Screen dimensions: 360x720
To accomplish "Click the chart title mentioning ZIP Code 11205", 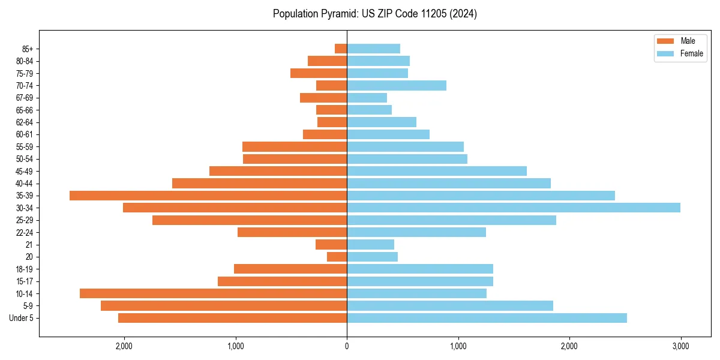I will click(374, 14).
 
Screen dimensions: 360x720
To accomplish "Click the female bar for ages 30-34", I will click(514, 208).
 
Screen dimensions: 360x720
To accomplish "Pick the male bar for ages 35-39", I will click(208, 196).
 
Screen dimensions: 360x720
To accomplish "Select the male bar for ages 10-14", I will click(213, 293).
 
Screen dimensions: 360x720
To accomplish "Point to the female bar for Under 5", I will click(487, 318).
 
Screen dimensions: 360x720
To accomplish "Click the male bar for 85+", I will click(341, 49).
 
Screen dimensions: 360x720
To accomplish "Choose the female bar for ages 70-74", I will click(397, 85).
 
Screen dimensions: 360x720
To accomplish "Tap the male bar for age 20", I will click(337, 257).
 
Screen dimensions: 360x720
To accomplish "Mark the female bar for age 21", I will click(370, 244).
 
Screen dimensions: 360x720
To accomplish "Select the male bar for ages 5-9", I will click(224, 305).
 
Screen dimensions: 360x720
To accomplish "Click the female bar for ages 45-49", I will click(437, 171).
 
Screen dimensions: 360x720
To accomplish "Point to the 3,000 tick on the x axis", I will click(680, 346).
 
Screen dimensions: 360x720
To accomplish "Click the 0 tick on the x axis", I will click(347, 346).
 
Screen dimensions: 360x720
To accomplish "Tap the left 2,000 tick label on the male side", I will click(124, 346).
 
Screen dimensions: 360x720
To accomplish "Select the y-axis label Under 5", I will click(21, 318).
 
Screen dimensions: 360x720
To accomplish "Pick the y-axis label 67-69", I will click(25, 98).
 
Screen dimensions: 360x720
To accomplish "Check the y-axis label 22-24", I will click(25, 232).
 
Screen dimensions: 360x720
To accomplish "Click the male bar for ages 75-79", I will click(319, 73).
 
